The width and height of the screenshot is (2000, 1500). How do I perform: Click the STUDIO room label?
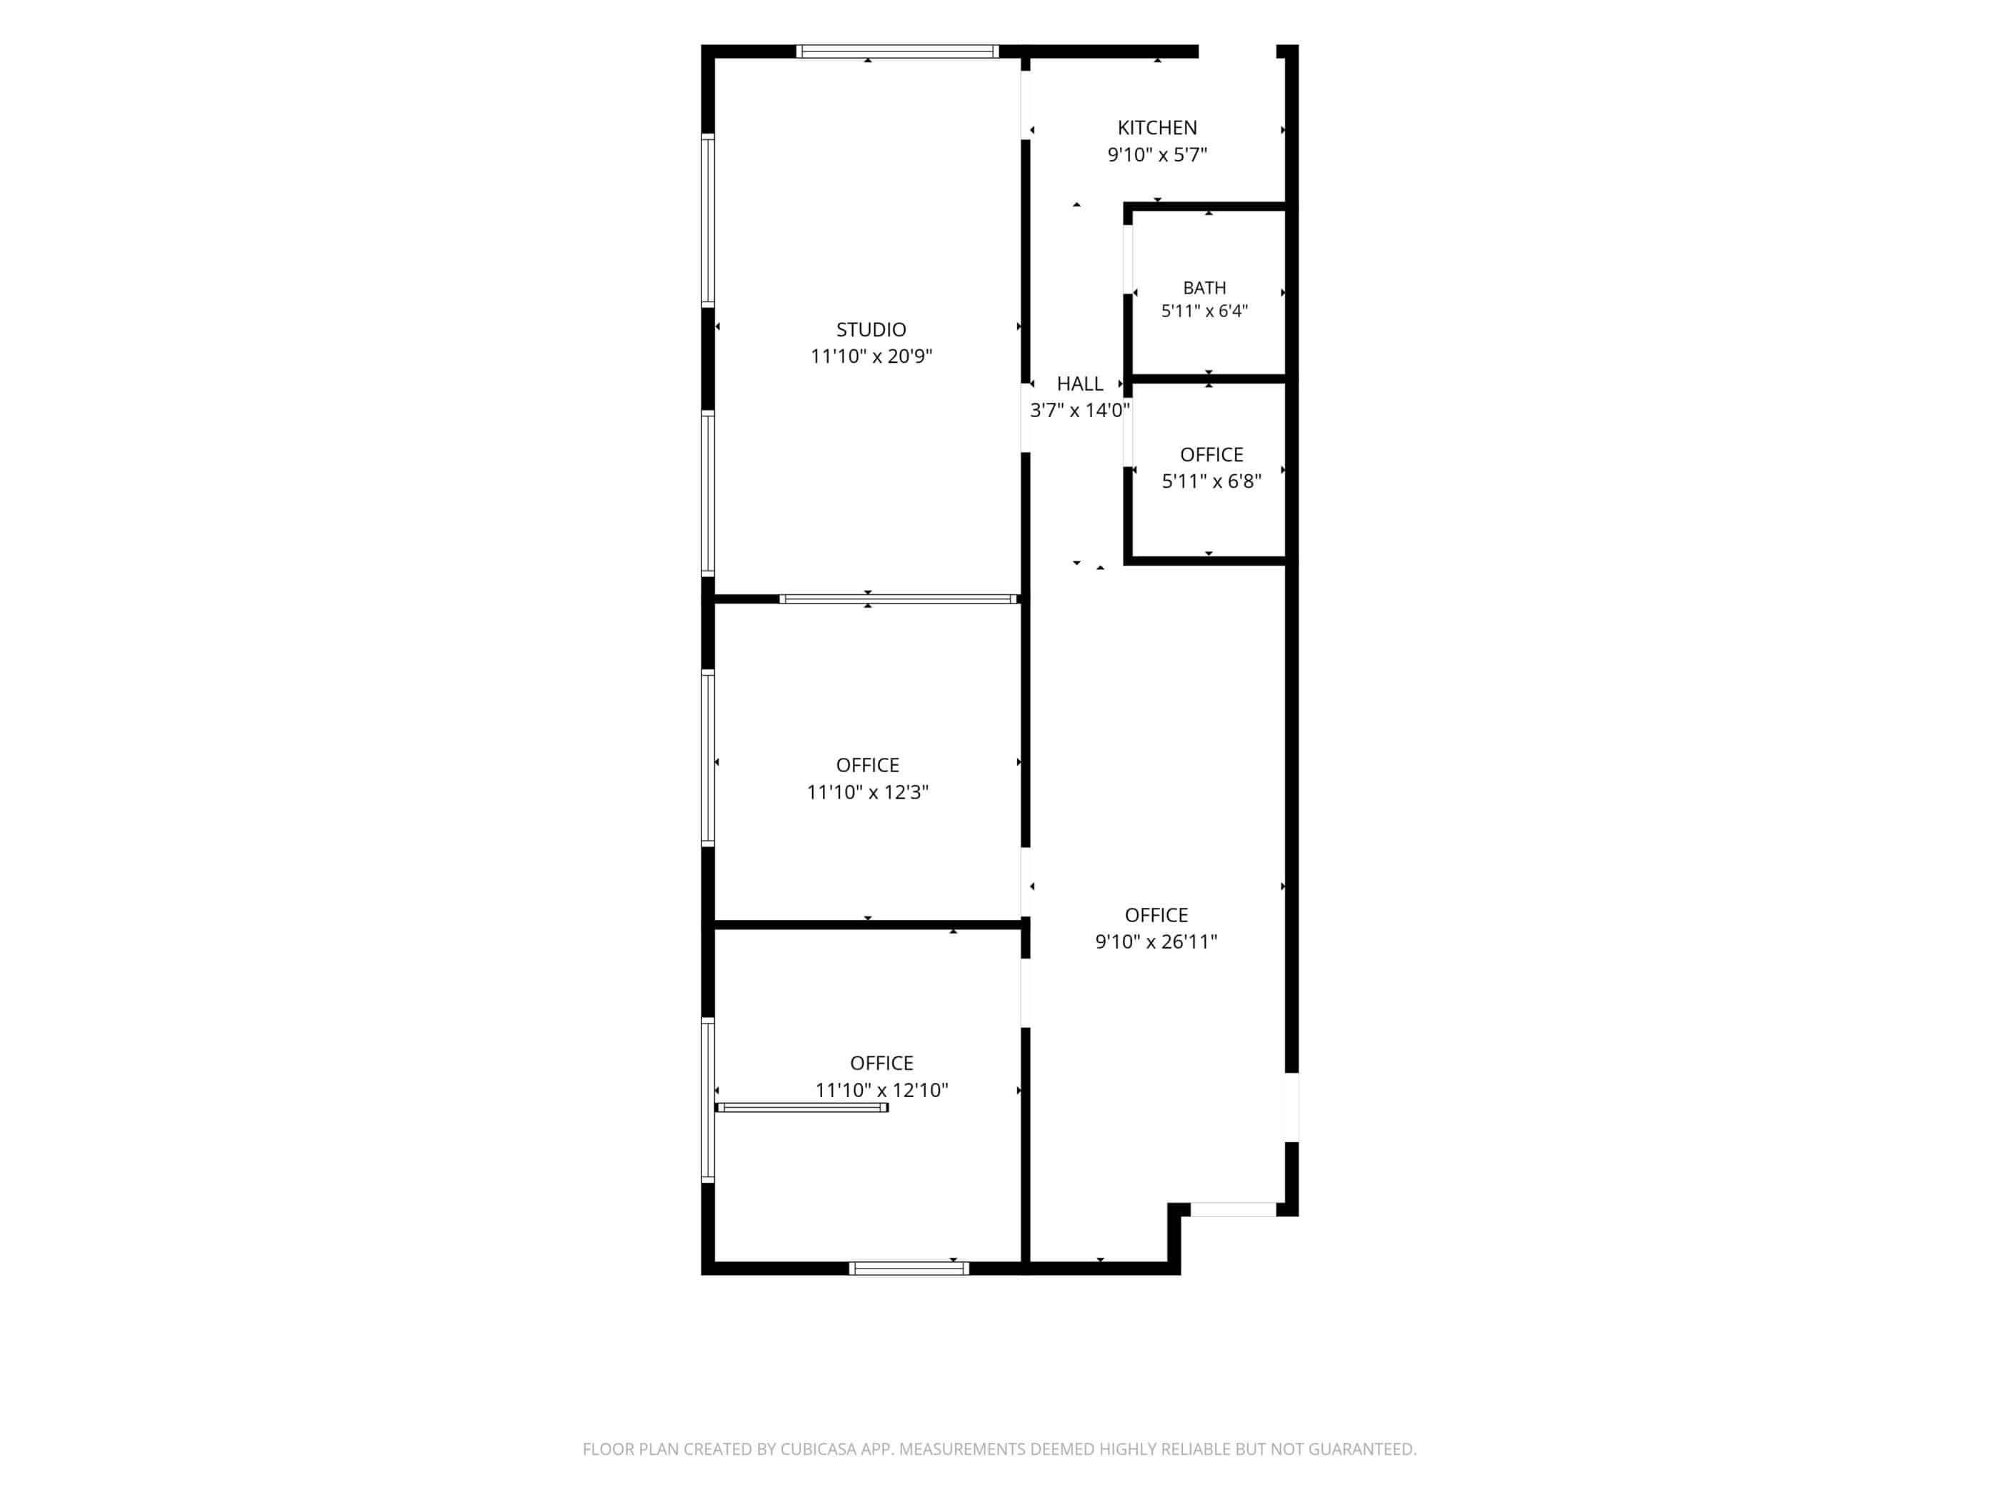pyautogui.click(x=871, y=330)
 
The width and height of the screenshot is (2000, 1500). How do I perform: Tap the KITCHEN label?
pyautogui.click(x=1157, y=127)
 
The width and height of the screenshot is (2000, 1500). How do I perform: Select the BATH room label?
pyautogui.click(x=1204, y=288)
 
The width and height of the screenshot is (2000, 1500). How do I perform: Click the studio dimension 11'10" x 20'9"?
pyautogui.click(x=871, y=356)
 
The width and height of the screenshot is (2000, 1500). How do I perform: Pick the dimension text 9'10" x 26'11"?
pyautogui.click(x=1156, y=941)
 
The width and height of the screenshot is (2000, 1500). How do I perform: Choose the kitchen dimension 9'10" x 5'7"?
pyautogui.click(x=1157, y=154)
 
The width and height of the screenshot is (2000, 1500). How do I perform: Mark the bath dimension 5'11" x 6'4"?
pyautogui.click(x=1204, y=311)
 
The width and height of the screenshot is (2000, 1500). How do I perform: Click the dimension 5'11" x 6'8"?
pyautogui.click(x=1211, y=481)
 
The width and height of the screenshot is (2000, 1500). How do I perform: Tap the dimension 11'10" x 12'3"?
pyautogui.click(x=868, y=792)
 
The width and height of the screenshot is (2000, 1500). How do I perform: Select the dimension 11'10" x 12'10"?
pyautogui.click(x=881, y=1091)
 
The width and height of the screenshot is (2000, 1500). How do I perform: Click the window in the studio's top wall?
pyautogui.click(x=897, y=51)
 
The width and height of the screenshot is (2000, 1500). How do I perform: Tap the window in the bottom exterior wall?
pyautogui.click(x=909, y=1269)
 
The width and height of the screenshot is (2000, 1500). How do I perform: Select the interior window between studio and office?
pyautogui.click(x=899, y=599)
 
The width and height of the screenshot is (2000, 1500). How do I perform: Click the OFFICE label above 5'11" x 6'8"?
pyautogui.click(x=1211, y=455)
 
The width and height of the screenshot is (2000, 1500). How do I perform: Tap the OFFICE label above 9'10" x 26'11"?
pyautogui.click(x=1156, y=915)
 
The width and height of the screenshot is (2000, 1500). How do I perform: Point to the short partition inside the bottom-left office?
pyautogui.click(x=802, y=1108)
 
